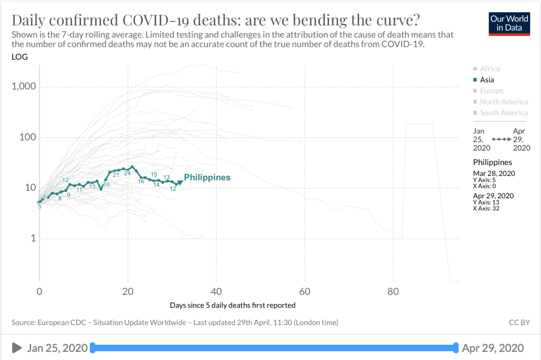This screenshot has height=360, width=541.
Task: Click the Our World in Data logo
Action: pyautogui.click(x=509, y=23)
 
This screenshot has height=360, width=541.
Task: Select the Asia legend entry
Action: pyautogui.click(x=487, y=80)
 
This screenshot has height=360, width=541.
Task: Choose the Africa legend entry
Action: pyautogui.click(x=489, y=69)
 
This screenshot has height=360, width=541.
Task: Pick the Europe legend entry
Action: pyautogui.click(x=491, y=91)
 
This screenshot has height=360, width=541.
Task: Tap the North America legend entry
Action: pyautogui.click(x=503, y=102)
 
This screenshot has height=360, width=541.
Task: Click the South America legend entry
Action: pyautogui.click(x=503, y=113)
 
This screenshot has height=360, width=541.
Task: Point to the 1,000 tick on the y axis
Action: pyautogui.click(x=23, y=87)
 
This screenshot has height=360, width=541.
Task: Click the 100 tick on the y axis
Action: pyautogui.click(x=26, y=137)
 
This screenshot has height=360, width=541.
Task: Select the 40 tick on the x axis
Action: pyautogui.click(x=216, y=291)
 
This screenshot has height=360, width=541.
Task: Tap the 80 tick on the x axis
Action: pyautogui.click(x=393, y=291)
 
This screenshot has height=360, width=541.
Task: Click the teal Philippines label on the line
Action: pyautogui.click(x=207, y=178)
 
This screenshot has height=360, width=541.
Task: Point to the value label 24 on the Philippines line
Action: pyautogui.click(x=127, y=173)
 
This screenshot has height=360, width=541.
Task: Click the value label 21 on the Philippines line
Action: pyautogui.click(x=115, y=174)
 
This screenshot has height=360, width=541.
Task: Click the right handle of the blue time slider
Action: pyautogui.click(x=455, y=347)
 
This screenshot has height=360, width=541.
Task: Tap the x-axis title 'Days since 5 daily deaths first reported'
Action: pyautogui.click(x=233, y=305)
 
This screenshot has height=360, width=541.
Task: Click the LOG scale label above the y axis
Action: pyautogui.click(x=20, y=57)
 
